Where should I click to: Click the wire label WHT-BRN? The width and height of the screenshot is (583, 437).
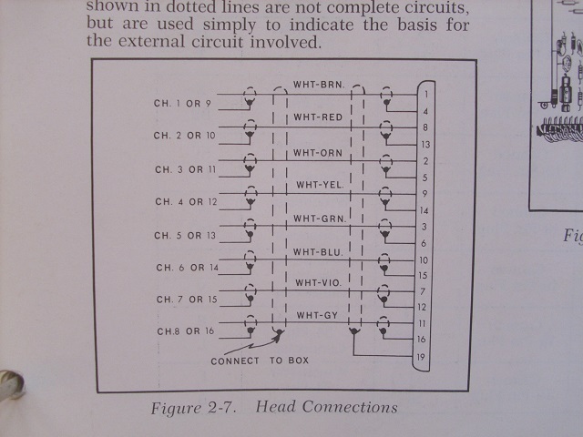(318, 86)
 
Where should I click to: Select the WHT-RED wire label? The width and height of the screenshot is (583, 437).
(318, 118)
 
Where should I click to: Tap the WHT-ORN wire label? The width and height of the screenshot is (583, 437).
(318, 152)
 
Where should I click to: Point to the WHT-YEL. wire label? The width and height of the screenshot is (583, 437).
(320, 186)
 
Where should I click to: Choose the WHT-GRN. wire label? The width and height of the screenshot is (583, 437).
(319, 218)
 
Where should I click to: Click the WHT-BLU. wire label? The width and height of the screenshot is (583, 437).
(318, 251)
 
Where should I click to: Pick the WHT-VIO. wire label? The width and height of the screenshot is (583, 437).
(318, 283)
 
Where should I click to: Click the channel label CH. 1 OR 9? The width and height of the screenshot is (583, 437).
(182, 104)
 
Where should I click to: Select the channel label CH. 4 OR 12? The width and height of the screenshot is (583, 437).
(186, 202)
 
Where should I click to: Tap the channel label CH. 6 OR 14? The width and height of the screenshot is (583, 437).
(187, 268)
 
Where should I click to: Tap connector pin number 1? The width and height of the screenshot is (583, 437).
(425, 94)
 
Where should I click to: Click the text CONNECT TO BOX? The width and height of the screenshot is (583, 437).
(260, 361)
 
